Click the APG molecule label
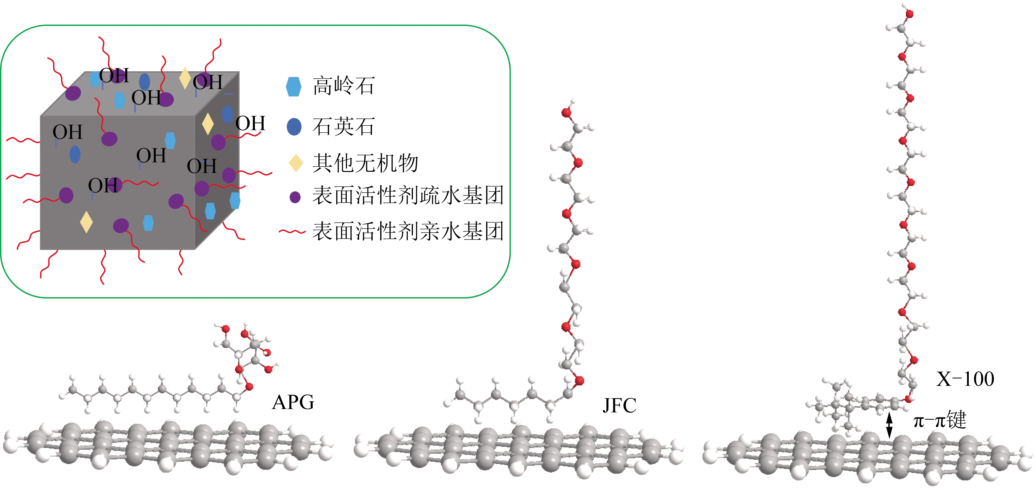[293, 402]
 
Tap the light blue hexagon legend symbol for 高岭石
[294, 86]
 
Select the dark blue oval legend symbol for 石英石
[294, 127]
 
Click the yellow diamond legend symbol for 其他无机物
[296, 163]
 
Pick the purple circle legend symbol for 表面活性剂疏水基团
[295, 197]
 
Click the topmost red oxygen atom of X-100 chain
[909, 14]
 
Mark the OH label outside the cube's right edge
[251, 123]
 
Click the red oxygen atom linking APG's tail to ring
[249, 387]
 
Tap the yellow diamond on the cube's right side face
[207, 124]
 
